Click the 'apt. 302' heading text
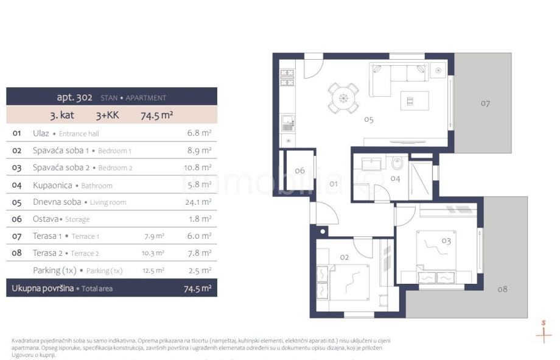pyautogui.click(x=75, y=97)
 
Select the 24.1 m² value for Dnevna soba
pyautogui.click(x=198, y=202)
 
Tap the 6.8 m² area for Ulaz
pyautogui.click(x=199, y=133)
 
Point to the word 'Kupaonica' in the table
pyautogui.click(x=52, y=185)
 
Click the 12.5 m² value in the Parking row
pyautogui.click(x=153, y=270)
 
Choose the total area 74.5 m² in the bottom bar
pyautogui.click(x=197, y=288)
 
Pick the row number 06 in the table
pyautogui.click(x=17, y=219)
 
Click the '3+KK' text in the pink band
pyautogui.click(x=108, y=115)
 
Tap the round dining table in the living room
pyautogui.click(x=343, y=98)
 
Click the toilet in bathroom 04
pyautogui.click(x=397, y=163)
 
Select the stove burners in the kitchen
pyautogui.click(x=287, y=77)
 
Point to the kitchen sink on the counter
pyautogui.click(x=287, y=123)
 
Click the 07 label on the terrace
pyautogui.click(x=485, y=104)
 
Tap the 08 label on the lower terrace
pyautogui.click(x=502, y=289)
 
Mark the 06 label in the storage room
pyautogui.click(x=299, y=171)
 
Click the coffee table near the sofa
pyautogui.click(x=415, y=101)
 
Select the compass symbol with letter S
pyautogui.click(x=544, y=331)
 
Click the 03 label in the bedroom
pyautogui.click(x=446, y=241)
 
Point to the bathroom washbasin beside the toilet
pyautogui.click(x=371, y=164)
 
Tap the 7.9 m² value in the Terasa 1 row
pyautogui.click(x=154, y=236)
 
